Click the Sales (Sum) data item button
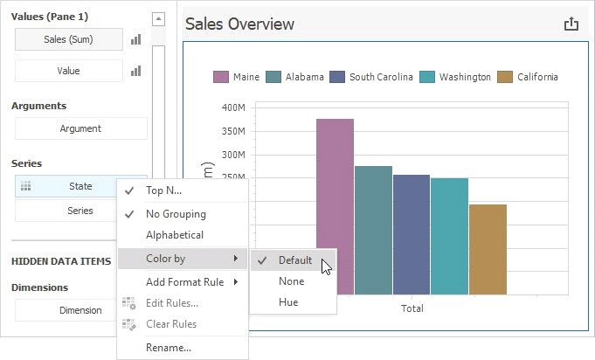68,39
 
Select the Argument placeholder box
80,128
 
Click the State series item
80,186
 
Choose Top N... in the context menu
164,190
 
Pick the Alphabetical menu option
175,235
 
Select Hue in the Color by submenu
288,302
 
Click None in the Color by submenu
291,281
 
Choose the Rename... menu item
169,348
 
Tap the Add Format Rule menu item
183,282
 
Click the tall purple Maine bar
335,206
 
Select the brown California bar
488,249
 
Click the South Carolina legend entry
372,77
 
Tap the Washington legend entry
456,77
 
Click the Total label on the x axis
412,308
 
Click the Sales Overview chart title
239,24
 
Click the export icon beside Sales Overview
571,24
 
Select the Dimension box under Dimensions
80,310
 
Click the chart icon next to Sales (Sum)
136,39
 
